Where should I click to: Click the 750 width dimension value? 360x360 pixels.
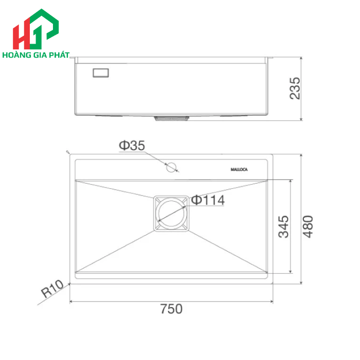pyautogui.click(x=171, y=309)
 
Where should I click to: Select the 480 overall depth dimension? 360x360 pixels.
pyautogui.click(x=307, y=227)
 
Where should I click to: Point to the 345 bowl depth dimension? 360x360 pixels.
pyautogui.click(x=283, y=227)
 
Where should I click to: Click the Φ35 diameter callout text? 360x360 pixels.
pyautogui.click(x=132, y=146)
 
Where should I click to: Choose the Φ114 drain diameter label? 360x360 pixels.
pyautogui.click(x=208, y=200)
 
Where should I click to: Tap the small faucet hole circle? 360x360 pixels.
pyautogui.click(x=171, y=167)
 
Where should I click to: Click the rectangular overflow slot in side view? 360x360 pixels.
pyautogui.click(x=101, y=73)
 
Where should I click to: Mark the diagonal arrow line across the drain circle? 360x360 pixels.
pyautogui.click(x=172, y=212)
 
